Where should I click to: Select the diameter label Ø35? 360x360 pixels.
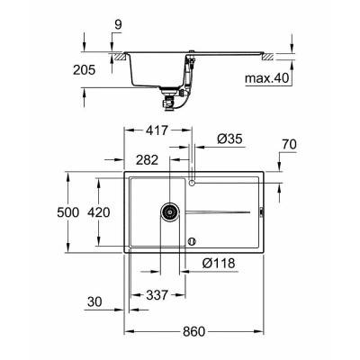(x=229, y=139)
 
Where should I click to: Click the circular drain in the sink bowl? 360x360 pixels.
(x=167, y=212)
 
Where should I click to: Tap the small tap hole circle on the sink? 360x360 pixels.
(x=193, y=184)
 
